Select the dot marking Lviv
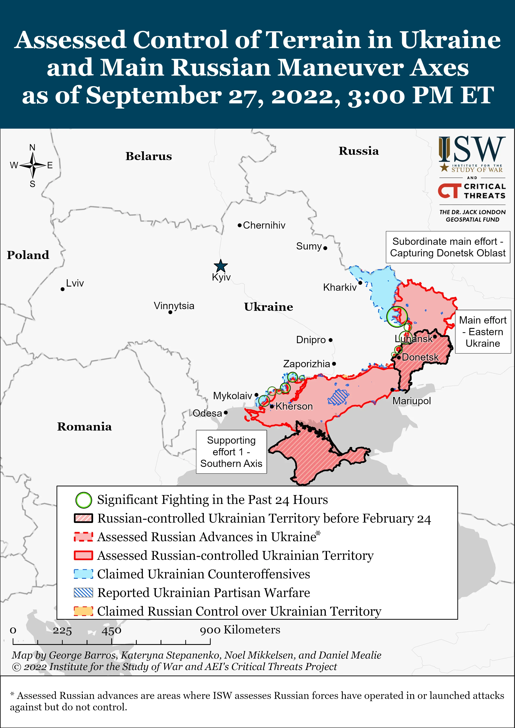point(62,289)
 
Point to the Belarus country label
point(148,156)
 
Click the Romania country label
point(84,427)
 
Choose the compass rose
point(33,165)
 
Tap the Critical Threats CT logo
point(449,191)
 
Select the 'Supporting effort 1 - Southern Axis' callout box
point(231,452)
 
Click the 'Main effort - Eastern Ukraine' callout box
point(483,332)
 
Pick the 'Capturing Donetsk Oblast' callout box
point(448,247)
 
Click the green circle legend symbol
point(84,500)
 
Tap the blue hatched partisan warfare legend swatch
point(83,593)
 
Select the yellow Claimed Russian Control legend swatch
point(83,611)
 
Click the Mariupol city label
point(411,401)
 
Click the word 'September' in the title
point(154,95)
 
